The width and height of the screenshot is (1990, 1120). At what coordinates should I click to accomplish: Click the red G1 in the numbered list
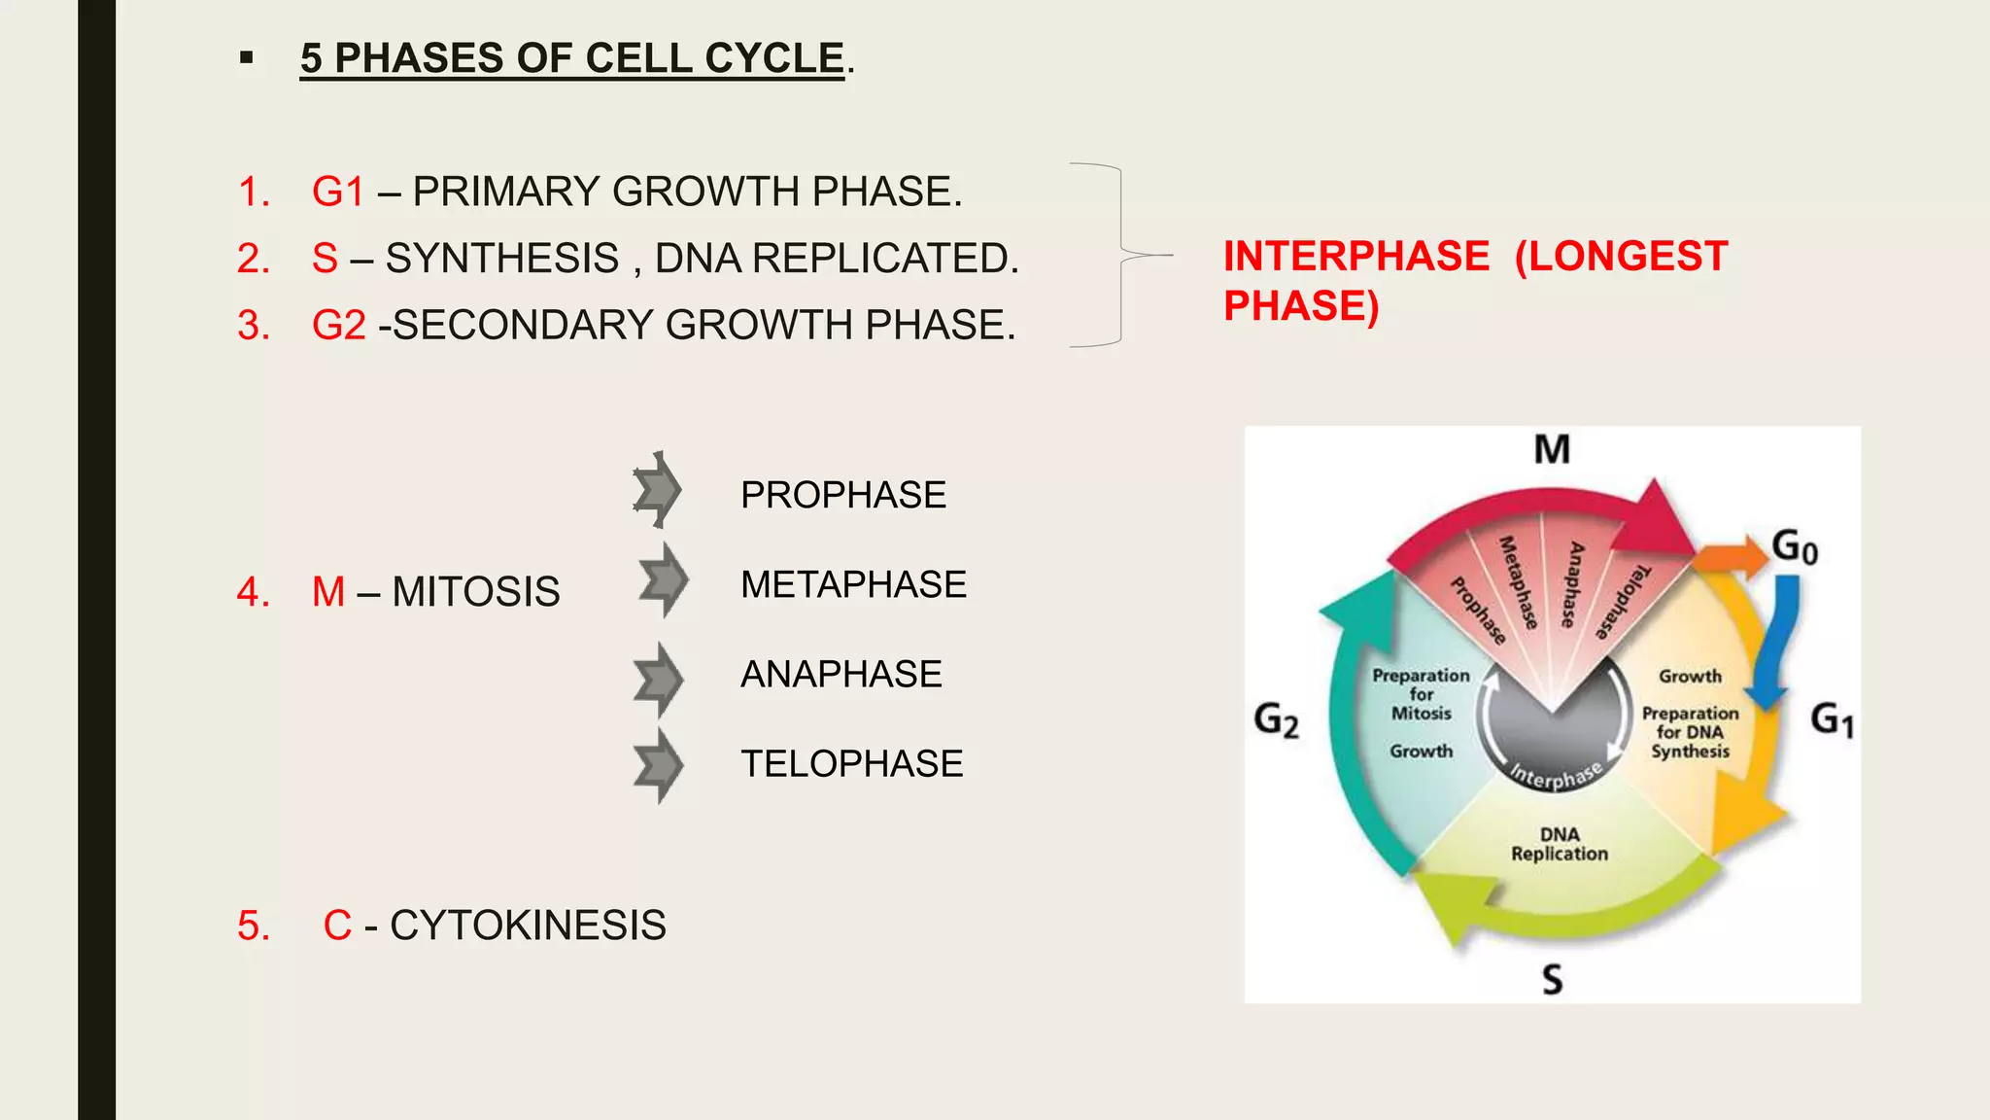(x=338, y=192)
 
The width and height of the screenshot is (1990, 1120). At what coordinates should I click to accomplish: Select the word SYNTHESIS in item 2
(x=502, y=259)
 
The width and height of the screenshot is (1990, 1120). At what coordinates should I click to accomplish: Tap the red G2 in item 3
(x=339, y=326)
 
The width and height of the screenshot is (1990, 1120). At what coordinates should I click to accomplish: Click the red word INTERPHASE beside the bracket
(x=1355, y=257)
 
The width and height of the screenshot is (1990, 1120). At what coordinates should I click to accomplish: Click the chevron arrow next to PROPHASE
(x=658, y=490)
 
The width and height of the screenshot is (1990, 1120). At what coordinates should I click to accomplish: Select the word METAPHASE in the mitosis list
(x=853, y=585)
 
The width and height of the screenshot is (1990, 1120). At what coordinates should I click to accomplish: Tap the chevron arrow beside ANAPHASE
(x=659, y=679)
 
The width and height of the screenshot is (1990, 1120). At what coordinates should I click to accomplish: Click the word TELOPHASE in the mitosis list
(x=851, y=764)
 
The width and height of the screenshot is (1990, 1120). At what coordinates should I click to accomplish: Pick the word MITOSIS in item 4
(x=476, y=592)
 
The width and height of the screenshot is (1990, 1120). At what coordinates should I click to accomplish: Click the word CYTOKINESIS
(x=528, y=926)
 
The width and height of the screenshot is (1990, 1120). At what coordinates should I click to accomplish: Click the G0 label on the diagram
(x=1794, y=546)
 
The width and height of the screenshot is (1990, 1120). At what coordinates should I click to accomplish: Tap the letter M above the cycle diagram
(x=1552, y=450)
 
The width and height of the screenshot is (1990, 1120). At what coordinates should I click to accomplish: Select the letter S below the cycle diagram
(x=1553, y=979)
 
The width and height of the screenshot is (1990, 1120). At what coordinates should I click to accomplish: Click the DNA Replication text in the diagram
(x=1559, y=844)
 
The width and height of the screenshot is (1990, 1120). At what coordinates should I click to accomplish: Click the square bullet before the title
(x=247, y=58)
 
